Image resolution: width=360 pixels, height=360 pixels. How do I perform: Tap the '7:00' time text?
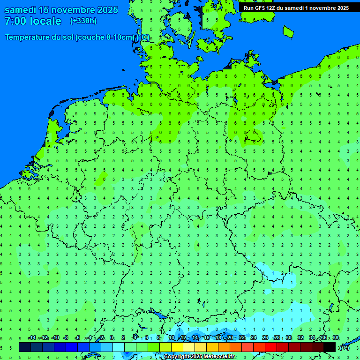[x=15, y=21]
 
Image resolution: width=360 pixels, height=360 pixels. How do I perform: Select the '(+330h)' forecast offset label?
[x=83, y=21]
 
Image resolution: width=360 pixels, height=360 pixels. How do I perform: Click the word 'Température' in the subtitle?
[x=28, y=37]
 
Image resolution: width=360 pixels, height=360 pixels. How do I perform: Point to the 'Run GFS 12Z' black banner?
[x=296, y=8]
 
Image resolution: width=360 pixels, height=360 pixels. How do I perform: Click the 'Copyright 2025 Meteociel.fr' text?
[x=200, y=357]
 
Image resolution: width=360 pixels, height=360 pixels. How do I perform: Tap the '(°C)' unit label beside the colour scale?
[x=344, y=347]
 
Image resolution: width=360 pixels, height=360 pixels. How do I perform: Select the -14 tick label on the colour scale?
[x=31, y=338]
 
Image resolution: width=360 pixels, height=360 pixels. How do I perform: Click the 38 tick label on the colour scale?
[x=335, y=338]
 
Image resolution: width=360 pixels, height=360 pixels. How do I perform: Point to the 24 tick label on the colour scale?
[x=254, y=338]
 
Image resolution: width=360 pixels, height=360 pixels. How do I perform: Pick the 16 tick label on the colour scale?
[x=207, y=338]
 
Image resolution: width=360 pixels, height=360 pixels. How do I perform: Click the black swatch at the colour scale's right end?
[x=330, y=347]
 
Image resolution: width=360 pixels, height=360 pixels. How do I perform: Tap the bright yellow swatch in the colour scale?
[x=177, y=347]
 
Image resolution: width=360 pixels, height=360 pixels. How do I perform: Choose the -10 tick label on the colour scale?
[x=55, y=338]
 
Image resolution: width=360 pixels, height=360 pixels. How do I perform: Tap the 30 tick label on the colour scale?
[x=289, y=338]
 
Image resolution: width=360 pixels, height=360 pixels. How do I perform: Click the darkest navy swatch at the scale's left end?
[x=25, y=347]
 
